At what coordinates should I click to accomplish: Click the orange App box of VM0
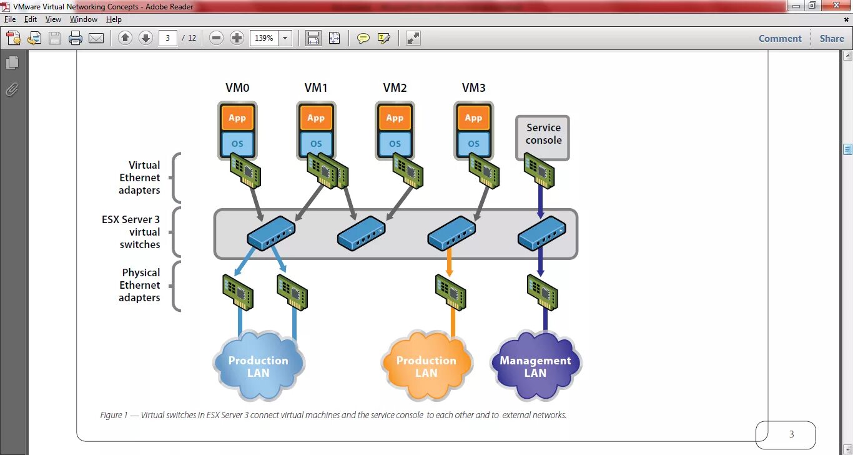coord(237,118)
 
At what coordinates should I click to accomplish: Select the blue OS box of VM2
coord(395,144)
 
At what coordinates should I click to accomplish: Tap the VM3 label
coord(473,88)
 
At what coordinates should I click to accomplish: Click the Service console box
coord(543,137)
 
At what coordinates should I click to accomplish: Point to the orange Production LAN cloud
coord(426,366)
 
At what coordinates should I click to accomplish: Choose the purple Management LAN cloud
coord(535,366)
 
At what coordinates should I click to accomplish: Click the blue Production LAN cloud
coord(259,366)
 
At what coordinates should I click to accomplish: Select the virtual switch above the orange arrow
coord(451,232)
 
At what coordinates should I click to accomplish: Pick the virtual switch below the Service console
coord(541,232)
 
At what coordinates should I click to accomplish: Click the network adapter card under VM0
coord(245,171)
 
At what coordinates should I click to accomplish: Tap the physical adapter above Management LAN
coord(542,292)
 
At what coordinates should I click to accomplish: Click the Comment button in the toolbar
coord(780,39)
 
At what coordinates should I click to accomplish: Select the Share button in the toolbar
coord(832,39)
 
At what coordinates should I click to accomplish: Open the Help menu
coord(114,19)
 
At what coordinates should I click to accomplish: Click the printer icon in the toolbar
coord(76,38)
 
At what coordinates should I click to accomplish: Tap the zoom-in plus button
coord(237,38)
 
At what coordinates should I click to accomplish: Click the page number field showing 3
coord(168,38)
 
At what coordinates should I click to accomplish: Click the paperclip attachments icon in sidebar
coord(12,90)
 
